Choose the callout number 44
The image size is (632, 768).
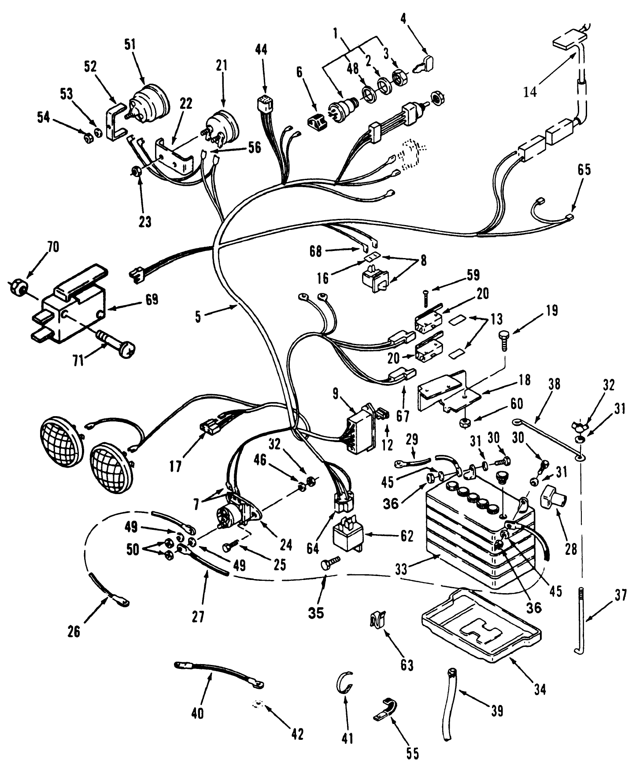[261, 49]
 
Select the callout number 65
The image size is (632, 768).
[584, 170]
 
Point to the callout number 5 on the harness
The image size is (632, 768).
[198, 317]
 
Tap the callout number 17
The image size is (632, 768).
[175, 466]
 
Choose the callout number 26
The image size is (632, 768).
[74, 631]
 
